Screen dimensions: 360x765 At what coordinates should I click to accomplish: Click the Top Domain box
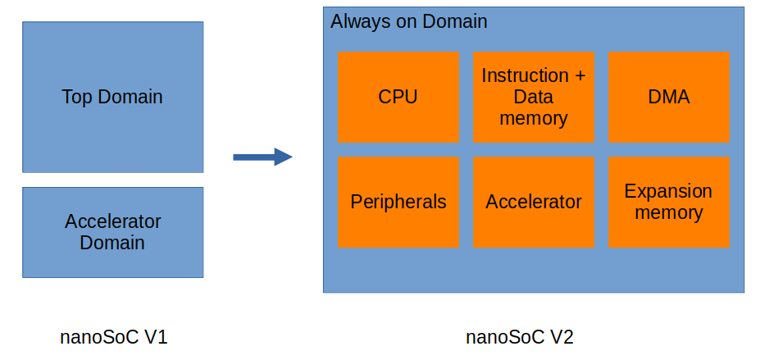point(112,97)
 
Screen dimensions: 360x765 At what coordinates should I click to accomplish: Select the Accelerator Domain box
point(112,232)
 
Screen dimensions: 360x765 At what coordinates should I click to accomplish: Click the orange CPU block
point(398,97)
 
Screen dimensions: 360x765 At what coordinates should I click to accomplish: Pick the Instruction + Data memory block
point(534,97)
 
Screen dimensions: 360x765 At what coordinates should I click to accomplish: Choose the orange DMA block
point(668,97)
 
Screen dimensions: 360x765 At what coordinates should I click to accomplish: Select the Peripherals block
point(398,202)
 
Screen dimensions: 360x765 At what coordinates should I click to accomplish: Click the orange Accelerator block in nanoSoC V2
point(534,202)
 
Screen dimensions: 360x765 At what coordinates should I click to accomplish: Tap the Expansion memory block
point(668,202)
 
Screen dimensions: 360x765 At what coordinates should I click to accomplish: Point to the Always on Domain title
point(408,22)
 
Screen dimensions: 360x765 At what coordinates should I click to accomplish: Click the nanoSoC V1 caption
point(114,336)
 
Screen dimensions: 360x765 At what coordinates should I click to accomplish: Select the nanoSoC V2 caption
point(520,336)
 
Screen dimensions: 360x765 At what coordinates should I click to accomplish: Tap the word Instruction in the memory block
point(525,76)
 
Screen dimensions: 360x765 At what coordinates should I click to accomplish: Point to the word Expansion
point(668,192)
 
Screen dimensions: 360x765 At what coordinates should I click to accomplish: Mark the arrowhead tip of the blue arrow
point(291,157)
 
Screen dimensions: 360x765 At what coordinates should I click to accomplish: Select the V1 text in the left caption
point(156,336)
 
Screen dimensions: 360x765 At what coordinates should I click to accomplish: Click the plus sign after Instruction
point(580,76)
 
